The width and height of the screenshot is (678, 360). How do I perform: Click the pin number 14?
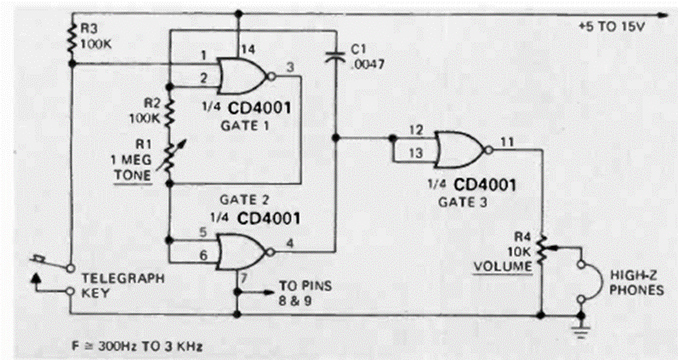pos(247,47)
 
